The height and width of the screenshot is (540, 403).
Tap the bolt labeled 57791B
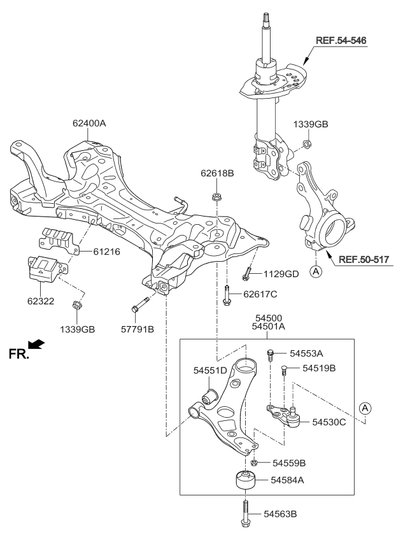(139, 304)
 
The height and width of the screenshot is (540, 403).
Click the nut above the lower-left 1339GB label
(76, 304)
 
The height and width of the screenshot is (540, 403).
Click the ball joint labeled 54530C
(293, 418)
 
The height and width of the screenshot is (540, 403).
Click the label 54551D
(210, 370)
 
